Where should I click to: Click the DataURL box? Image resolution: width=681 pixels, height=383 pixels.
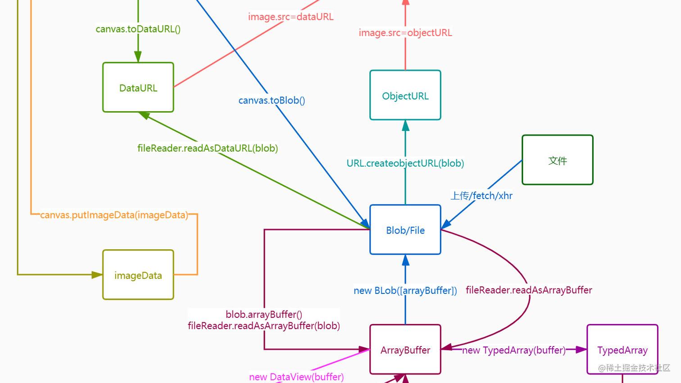click(138, 87)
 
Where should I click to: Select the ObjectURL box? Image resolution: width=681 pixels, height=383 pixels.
click(405, 95)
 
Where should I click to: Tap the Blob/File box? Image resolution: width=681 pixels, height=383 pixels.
click(405, 230)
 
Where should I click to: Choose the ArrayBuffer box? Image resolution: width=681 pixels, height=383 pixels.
click(405, 350)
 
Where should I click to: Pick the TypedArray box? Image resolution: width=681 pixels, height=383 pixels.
click(622, 350)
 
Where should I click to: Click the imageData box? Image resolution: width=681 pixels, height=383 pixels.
click(138, 275)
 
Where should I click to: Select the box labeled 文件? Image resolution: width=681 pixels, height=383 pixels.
click(557, 160)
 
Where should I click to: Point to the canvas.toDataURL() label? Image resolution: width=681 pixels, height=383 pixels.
click(138, 29)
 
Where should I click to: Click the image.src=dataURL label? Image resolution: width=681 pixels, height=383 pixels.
click(291, 17)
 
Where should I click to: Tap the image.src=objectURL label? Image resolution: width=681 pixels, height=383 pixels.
click(405, 33)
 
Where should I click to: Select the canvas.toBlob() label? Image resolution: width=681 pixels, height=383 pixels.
click(272, 100)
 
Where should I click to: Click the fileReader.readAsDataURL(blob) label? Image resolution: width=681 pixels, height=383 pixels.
click(208, 148)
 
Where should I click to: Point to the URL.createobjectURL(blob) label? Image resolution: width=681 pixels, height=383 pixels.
click(405, 163)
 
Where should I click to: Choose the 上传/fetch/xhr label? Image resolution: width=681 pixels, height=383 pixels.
click(481, 196)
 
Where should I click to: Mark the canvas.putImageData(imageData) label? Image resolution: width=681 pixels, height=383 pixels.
click(114, 215)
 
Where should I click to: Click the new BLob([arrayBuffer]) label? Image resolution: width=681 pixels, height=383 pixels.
click(405, 291)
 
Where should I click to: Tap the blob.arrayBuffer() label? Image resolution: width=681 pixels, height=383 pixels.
click(263, 314)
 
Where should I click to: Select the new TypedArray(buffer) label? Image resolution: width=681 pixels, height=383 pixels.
click(513, 350)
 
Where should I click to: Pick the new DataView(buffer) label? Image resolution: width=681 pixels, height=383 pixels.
click(296, 377)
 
